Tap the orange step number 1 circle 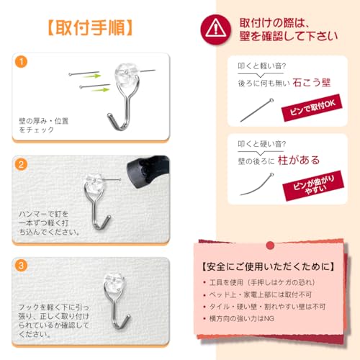pyautogui.click(x=22, y=60)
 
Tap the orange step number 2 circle pyautogui.click(x=22, y=164)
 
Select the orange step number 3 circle pyautogui.click(x=22, y=264)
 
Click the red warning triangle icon pyautogui.click(x=214, y=28)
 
